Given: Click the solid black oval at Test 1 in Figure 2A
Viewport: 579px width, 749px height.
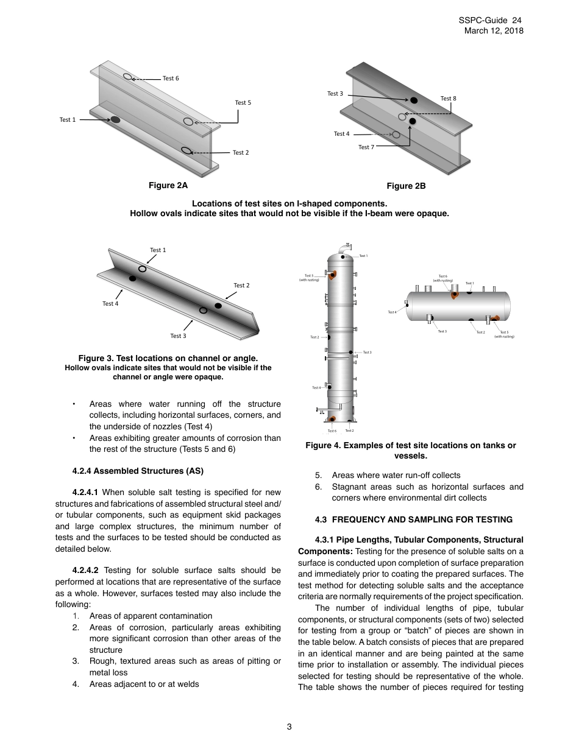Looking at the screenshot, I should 115,120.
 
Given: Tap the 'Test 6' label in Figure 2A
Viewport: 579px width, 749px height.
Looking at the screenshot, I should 171,79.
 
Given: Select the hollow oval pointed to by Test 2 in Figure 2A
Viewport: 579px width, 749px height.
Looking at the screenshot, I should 186,150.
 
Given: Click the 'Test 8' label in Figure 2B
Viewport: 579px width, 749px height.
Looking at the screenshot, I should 448,99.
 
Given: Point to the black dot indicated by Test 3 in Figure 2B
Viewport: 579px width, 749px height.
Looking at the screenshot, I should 414,100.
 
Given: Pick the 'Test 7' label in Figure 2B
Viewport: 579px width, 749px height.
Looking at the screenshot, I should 366,147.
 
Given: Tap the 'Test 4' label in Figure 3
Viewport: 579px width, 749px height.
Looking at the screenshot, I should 110,304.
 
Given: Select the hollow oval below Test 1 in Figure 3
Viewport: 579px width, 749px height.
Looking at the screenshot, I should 142,269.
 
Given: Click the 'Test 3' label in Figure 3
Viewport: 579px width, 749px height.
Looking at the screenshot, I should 178,336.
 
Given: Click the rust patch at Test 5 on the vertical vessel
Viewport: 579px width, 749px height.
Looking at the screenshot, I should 333,276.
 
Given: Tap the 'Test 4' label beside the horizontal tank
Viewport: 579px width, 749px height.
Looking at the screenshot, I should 392,312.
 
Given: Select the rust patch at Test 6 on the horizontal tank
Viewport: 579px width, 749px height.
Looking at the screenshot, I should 455,295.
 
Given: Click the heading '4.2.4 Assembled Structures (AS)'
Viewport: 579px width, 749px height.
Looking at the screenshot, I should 138,471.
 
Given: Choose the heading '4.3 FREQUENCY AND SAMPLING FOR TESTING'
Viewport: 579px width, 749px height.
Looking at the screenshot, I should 414,519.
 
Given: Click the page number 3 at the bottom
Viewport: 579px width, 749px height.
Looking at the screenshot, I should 289,726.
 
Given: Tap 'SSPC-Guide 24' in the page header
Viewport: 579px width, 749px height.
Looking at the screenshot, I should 490,21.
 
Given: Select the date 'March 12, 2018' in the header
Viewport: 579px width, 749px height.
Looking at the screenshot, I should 493,31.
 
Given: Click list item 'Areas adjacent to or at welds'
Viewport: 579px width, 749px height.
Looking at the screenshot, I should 144,684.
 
